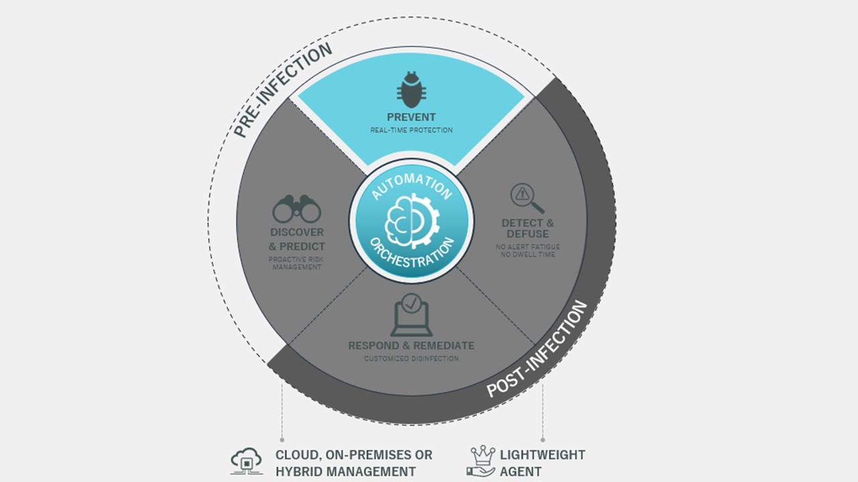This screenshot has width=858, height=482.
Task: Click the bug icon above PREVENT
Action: coord(412,90)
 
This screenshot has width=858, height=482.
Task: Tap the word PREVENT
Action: coord(412,117)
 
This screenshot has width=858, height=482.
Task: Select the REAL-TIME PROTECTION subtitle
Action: coord(412,131)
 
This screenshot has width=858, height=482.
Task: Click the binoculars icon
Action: coord(296,209)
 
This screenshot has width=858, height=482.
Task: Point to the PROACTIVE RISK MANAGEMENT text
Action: coord(296,263)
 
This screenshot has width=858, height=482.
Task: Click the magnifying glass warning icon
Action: coord(527,198)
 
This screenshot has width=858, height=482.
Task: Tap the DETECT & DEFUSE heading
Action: coord(528,228)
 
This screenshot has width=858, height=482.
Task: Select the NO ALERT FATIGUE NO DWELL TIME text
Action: coord(528,250)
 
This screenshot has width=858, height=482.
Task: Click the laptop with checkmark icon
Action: coord(412,315)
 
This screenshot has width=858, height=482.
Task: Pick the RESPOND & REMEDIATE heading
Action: coord(412,346)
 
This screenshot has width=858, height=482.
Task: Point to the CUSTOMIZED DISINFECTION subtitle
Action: coord(412,359)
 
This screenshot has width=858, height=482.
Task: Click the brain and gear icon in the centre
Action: coord(412,221)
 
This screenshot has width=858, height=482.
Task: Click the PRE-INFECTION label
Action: coord(283,90)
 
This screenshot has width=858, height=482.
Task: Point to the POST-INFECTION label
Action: coord(536,349)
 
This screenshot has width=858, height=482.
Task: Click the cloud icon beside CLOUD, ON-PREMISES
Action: coord(247,461)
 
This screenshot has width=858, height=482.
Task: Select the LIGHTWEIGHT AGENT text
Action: coord(542,463)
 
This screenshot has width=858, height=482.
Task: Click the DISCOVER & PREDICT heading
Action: coord(297,240)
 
